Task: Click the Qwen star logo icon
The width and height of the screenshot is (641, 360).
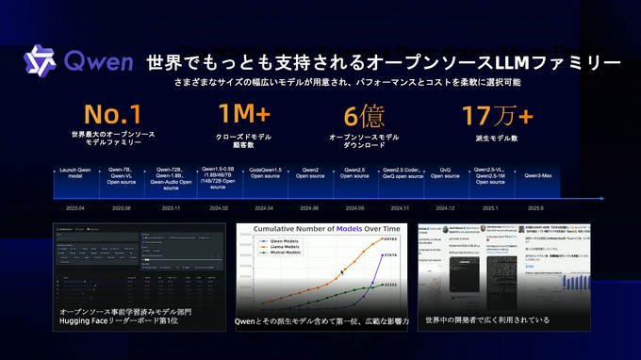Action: tap(41, 62)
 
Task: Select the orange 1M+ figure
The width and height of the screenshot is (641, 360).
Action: tap(245, 116)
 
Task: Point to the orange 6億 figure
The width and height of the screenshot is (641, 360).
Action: tap(364, 116)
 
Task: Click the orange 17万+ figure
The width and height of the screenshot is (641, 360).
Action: tap(497, 116)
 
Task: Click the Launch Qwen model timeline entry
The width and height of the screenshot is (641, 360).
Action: tap(74, 176)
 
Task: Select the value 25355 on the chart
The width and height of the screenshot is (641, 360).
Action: tap(389, 284)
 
